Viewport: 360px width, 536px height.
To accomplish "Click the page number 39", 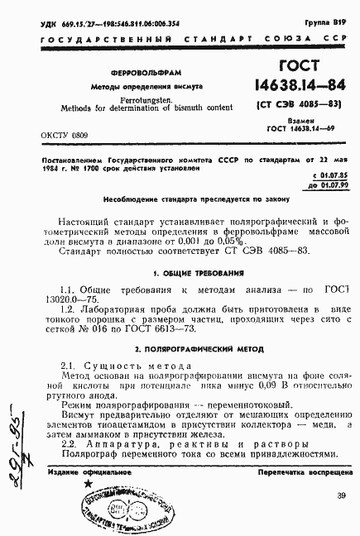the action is click(x=342, y=495).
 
